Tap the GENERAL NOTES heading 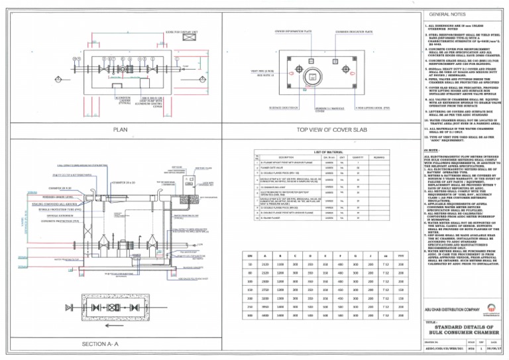coord(448,14)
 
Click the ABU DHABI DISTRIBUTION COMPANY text coord(452,310)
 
